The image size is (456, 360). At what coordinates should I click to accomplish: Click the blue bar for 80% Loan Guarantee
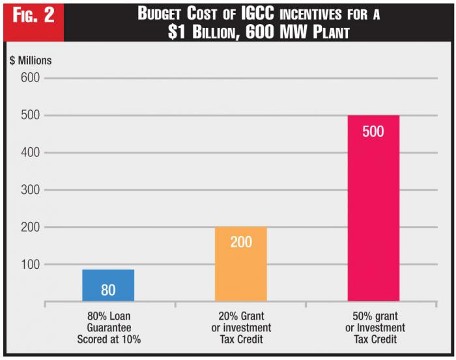point(108,285)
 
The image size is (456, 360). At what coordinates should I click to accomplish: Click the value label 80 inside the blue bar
point(108,290)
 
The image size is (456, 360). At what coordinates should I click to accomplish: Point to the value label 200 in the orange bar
point(240,242)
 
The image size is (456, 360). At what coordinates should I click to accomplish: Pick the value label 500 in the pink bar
point(373,131)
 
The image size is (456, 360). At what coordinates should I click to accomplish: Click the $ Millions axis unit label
point(31,61)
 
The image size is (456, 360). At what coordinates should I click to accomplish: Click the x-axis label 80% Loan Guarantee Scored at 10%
point(109,328)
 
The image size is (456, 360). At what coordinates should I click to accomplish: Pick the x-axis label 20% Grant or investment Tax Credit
point(241,328)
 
